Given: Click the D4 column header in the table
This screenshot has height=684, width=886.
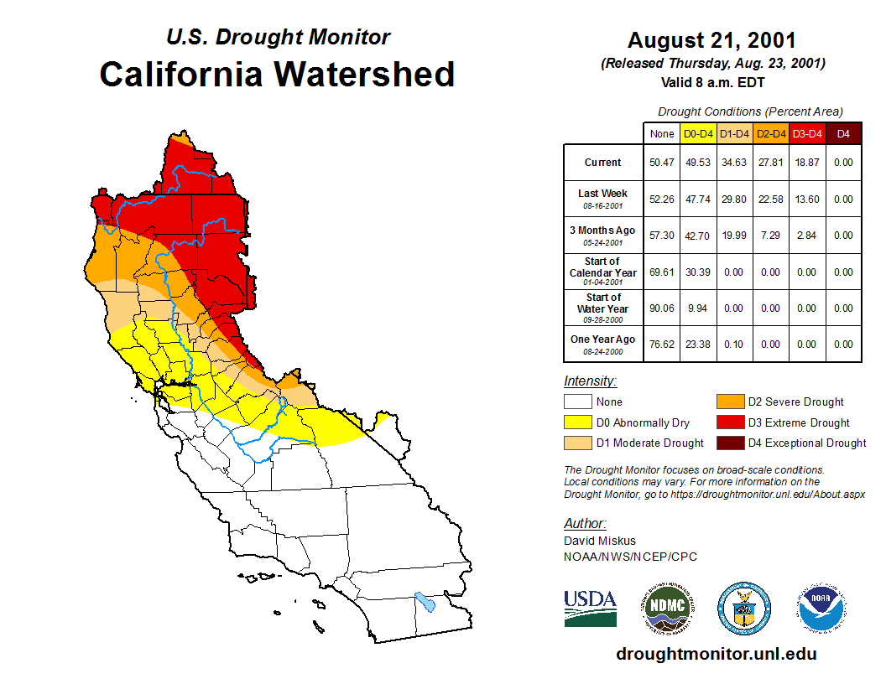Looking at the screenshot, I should click(843, 133).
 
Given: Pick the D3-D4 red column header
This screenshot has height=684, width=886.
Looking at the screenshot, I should click(807, 133).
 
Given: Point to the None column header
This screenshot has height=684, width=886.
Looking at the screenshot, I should click(661, 133).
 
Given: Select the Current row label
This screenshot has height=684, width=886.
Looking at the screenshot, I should click(603, 163).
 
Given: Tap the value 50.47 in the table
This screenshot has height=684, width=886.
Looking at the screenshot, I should click(661, 163).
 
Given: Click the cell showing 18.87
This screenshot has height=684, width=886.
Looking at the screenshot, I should click(807, 163).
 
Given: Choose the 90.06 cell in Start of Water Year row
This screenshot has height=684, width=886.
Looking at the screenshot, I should click(661, 308).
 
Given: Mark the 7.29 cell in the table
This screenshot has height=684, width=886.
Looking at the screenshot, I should click(770, 236).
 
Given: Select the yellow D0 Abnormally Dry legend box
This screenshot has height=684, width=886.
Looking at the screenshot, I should click(578, 422).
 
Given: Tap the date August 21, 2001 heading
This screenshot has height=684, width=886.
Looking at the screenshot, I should click(711, 40).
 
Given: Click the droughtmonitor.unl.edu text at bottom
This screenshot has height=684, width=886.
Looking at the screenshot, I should click(716, 654).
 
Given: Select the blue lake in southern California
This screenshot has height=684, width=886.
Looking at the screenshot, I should click(425, 601).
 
